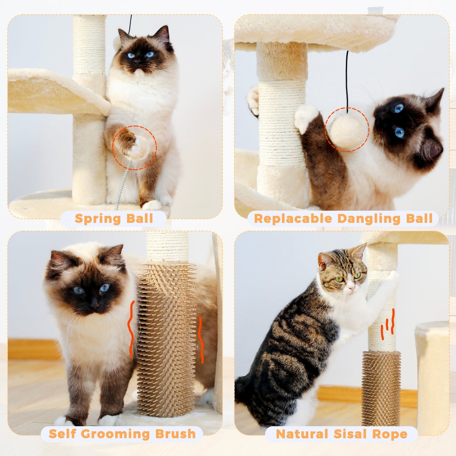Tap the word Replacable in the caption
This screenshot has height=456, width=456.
pyautogui.click(x=293, y=219)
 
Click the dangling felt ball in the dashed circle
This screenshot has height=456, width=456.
pyautogui.click(x=347, y=130)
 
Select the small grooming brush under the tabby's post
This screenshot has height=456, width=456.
pyautogui.click(x=381, y=388)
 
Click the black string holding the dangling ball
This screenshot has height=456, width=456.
pyautogui.click(x=347, y=79)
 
